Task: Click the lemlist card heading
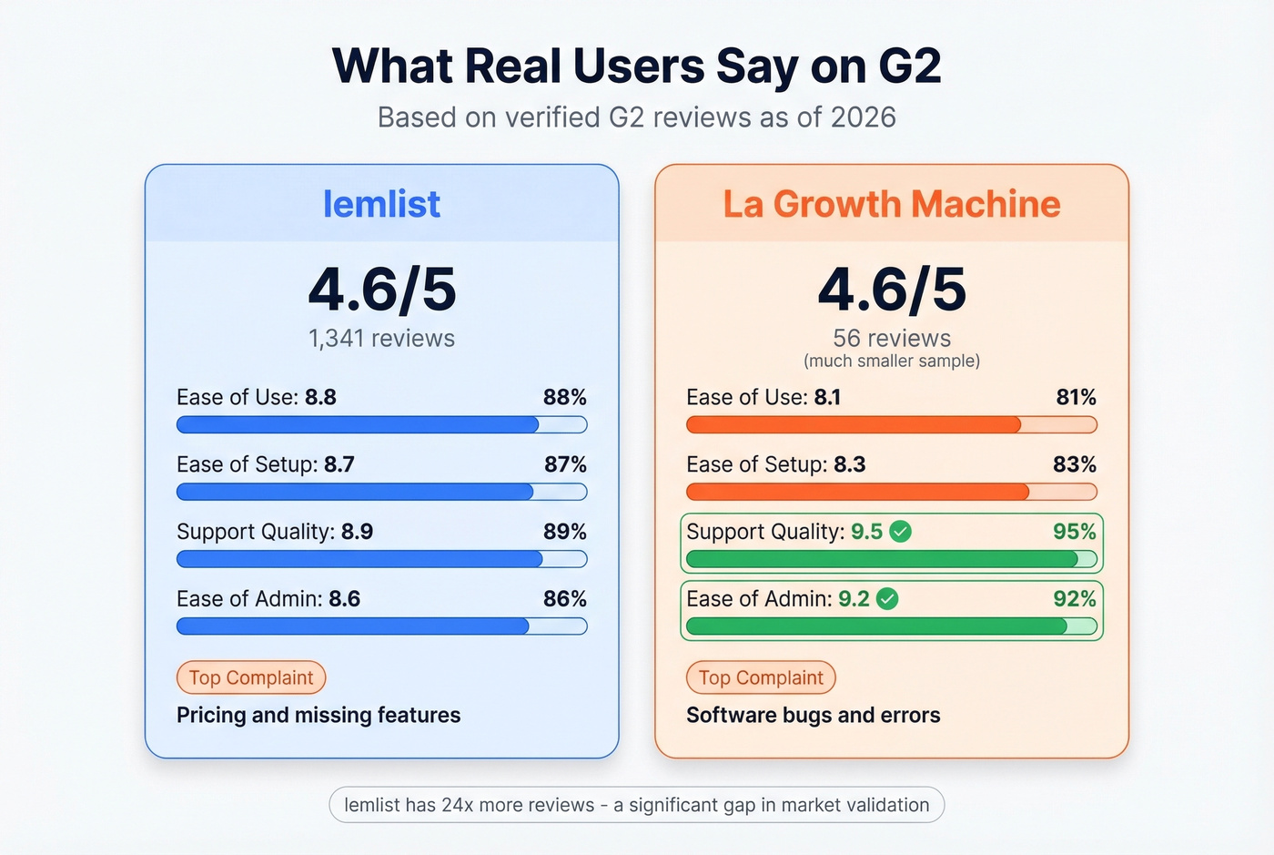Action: pos(381,204)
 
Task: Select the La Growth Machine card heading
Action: pos(892,204)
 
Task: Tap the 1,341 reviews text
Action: pos(381,339)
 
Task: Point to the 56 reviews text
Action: pos(892,339)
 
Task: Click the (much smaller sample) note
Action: pos(892,361)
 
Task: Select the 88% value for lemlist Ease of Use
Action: pos(564,397)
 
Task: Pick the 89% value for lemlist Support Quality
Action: pos(564,532)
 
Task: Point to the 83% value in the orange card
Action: pos(1074,464)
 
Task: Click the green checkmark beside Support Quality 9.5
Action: pos(900,532)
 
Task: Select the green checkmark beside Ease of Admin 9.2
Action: pos(887,599)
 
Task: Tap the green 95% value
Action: pos(1074,532)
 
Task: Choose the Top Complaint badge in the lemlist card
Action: pos(251,677)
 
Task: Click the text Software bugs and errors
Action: pos(813,716)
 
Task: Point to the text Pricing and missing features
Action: pos(318,716)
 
